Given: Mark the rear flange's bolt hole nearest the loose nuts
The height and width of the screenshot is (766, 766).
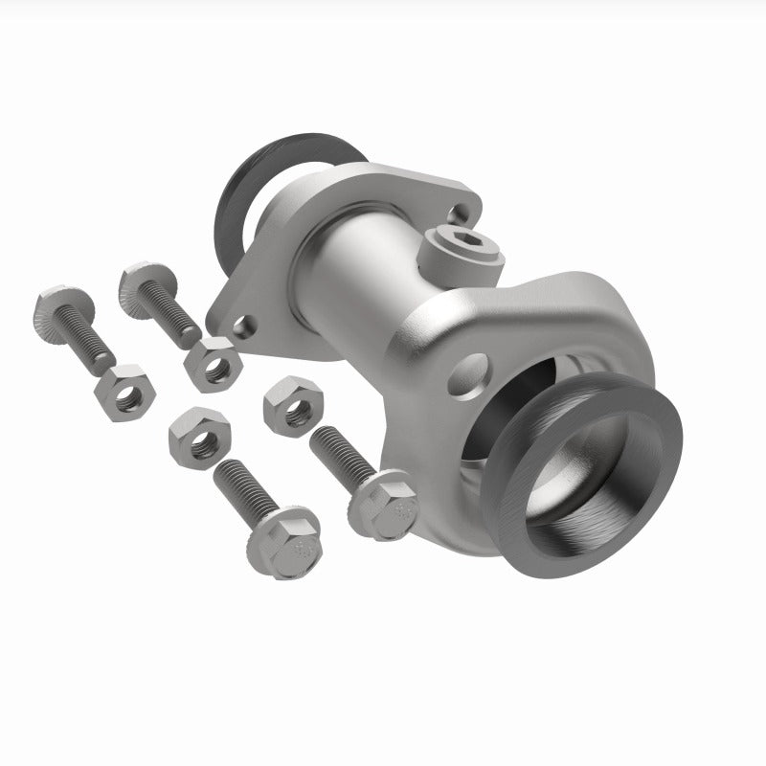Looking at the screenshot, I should tap(246, 327).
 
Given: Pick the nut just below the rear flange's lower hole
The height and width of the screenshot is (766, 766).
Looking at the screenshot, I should tap(212, 363).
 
